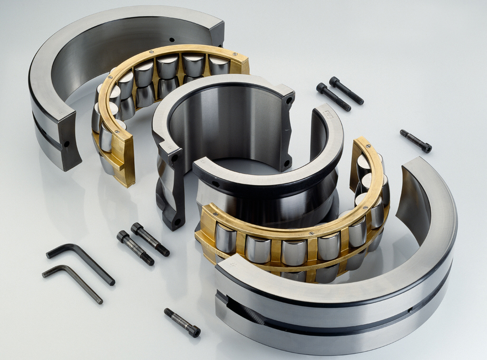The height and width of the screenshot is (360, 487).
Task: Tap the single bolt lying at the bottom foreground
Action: coord(182,322)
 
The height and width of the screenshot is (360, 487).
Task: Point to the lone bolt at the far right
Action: coord(415,141)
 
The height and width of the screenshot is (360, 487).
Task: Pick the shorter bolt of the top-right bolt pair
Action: coord(333,97)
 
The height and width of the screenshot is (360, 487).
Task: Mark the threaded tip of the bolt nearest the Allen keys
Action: coord(148,260)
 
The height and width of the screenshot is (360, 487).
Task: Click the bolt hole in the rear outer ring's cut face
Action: coord(67,144)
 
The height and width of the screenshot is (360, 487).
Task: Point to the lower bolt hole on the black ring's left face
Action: coord(177,222)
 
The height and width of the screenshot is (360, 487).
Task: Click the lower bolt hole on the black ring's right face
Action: coord(287,163)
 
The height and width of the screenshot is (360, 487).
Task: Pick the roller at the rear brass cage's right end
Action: coord(218,66)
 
